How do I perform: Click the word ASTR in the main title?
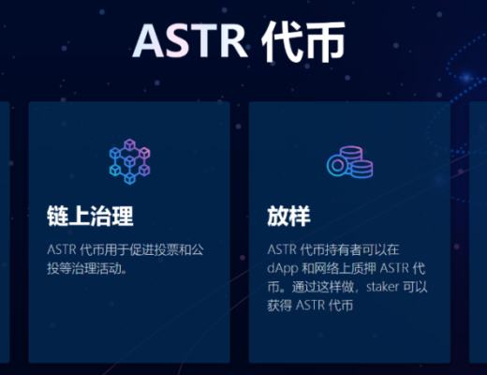click(x=184, y=40)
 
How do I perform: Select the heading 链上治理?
click(x=90, y=216)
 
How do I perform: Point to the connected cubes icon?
click(x=128, y=162)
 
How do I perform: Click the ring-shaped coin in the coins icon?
click(x=338, y=167)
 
